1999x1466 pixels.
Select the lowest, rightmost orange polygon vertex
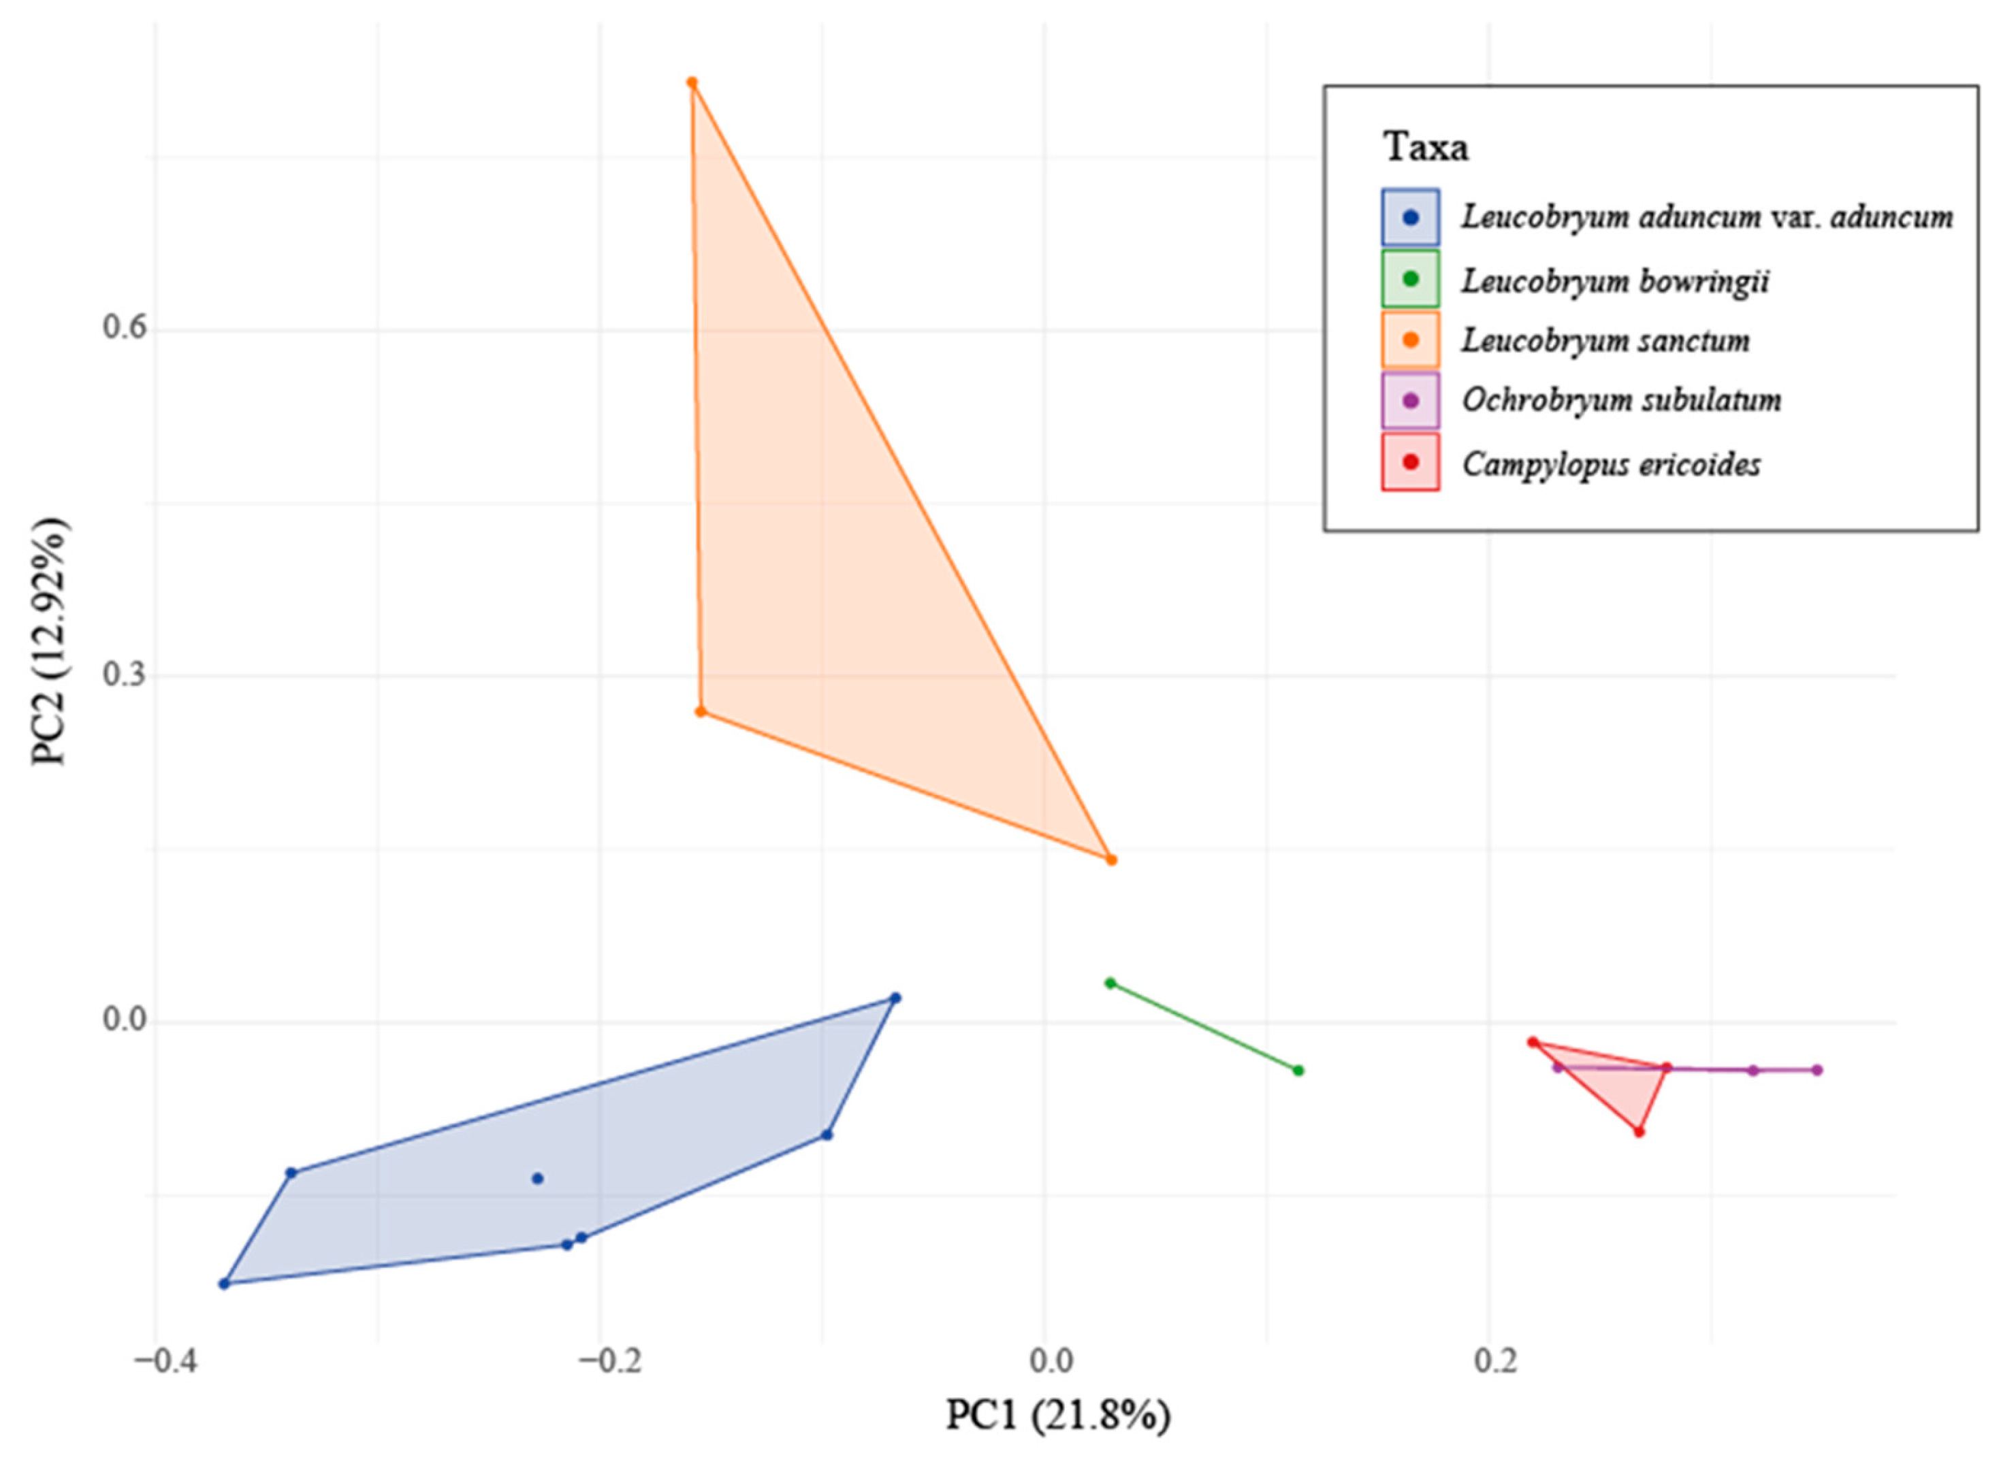coord(1110,859)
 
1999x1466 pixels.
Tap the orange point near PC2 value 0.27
coord(701,711)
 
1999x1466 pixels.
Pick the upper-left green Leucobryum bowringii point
coord(1110,982)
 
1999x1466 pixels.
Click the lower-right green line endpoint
coord(1298,1070)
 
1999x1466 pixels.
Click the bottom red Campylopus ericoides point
coord(1640,1131)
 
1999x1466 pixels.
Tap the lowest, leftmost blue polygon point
coord(225,1283)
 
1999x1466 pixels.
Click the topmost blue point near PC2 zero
coord(895,998)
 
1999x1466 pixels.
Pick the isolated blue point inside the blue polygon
coord(537,1179)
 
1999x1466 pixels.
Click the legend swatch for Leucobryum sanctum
coord(1411,340)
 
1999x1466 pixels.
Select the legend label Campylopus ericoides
coord(1611,463)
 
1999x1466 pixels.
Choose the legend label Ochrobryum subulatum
coord(1621,400)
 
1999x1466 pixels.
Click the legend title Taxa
coord(1426,146)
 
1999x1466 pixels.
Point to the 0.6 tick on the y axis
coord(125,327)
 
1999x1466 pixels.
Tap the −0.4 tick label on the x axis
coord(154,1361)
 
